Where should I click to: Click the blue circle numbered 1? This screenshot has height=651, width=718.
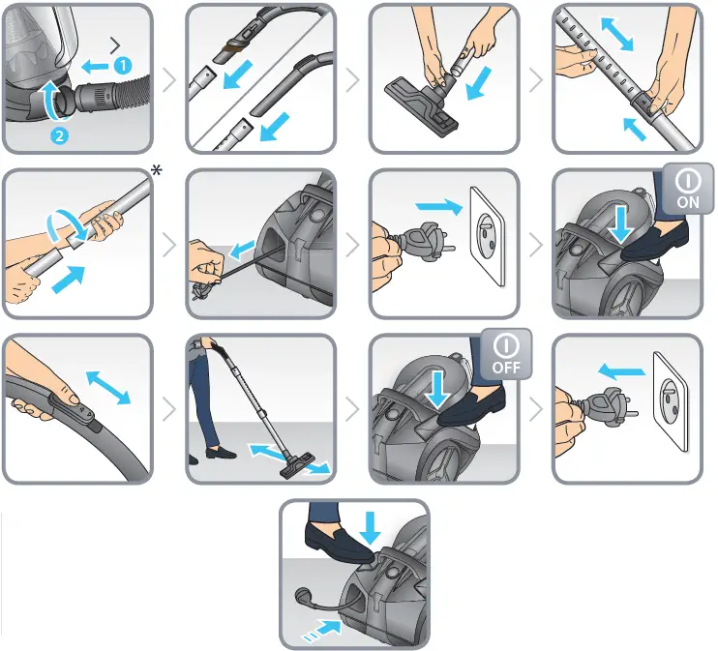(x=123, y=66)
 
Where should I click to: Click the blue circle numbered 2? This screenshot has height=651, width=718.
(x=59, y=135)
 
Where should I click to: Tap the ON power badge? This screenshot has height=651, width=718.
(x=687, y=189)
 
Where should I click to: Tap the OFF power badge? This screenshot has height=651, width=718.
(x=506, y=354)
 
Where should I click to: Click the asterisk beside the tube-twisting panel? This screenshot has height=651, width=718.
(x=156, y=171)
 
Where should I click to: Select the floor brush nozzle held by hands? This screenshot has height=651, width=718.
(x=422, y=106)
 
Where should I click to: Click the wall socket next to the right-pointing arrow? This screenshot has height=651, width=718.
(x=488, y=236)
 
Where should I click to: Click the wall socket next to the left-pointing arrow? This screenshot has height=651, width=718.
(x=671, y=401)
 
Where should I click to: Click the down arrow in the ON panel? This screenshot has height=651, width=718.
(x=621, y=223)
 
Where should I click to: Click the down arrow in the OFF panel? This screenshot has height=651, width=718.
(x=437, y=389)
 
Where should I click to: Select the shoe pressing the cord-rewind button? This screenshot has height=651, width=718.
(x=339, y=544)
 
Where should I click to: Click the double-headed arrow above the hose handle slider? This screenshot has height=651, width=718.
(x=108, y=388)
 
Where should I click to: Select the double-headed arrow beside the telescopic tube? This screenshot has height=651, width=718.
(x=616, y=34)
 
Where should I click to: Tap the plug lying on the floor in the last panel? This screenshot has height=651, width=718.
(x=305, y=597)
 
